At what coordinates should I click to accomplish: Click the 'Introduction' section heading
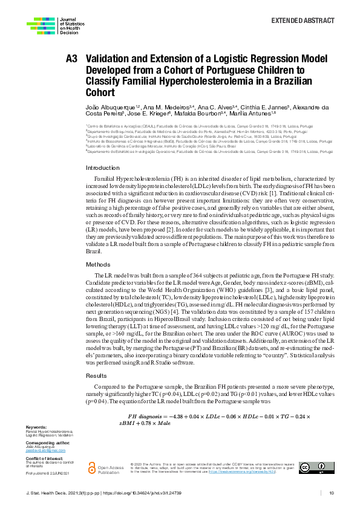click(103, 167)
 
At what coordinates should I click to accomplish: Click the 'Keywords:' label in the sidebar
click(36, 427)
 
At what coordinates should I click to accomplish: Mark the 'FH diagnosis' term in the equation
click(149, 417)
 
